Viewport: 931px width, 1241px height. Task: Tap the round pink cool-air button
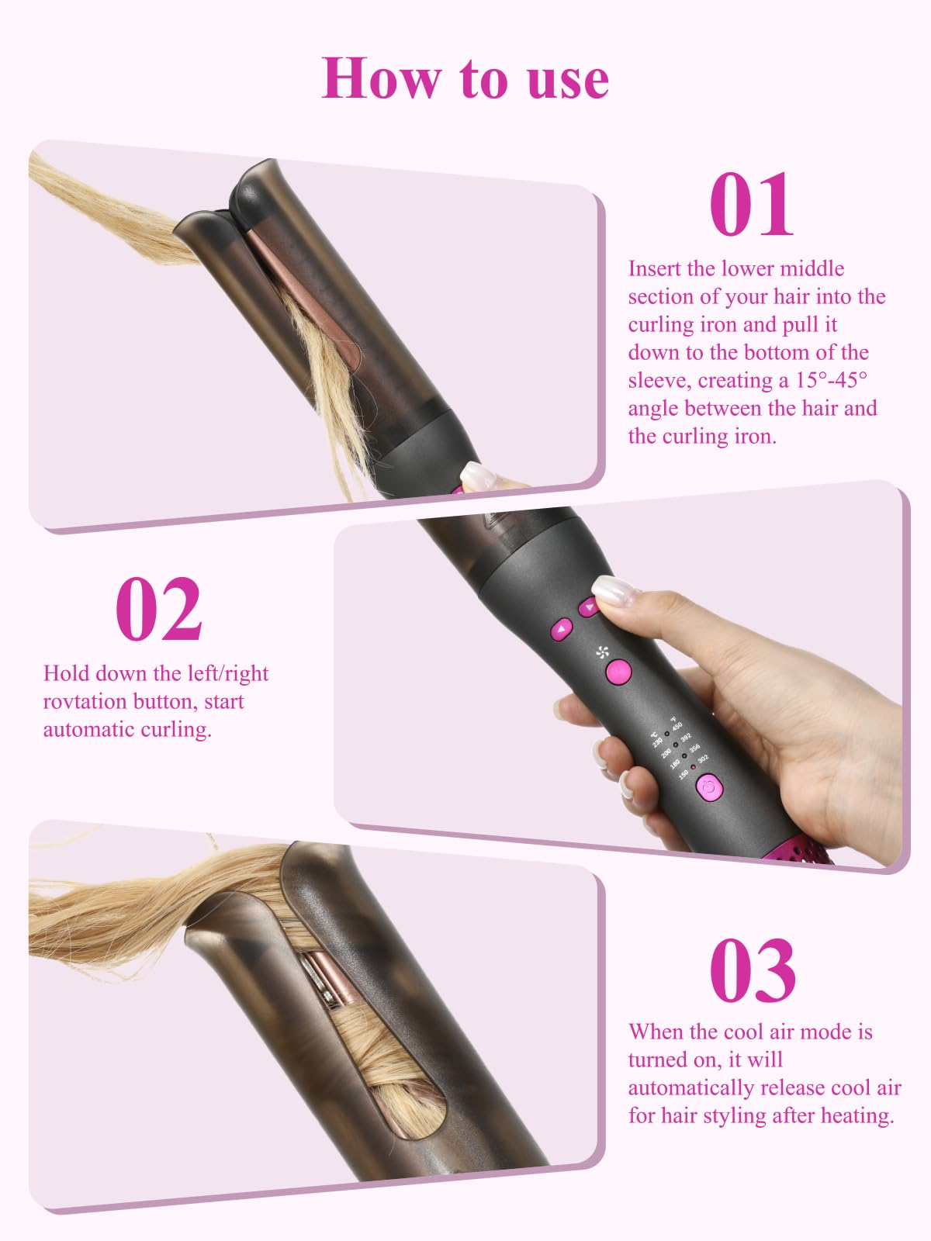tap(618, 672)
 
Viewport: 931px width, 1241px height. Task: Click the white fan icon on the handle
tap(603, 652)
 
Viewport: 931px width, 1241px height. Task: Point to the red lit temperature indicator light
tap(694, 767)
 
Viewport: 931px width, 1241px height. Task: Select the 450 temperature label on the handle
tap(677, 726)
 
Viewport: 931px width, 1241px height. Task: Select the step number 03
tap(753, 970)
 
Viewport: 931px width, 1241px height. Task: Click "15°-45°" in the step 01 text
tap(831, 380)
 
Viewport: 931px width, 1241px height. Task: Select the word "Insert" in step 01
tap(655, 268)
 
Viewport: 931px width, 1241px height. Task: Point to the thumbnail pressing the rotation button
tap(615, 591)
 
